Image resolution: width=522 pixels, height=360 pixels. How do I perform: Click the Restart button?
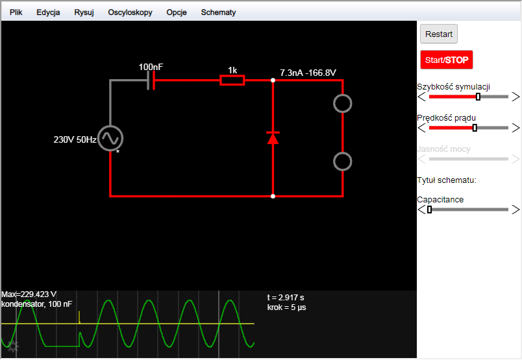tap(438, 34)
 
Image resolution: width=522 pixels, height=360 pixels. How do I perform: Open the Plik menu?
tap(16, 12)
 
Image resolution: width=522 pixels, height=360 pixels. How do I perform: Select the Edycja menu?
tap(48, 12)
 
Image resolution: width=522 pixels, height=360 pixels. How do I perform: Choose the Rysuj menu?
tap(84, 12)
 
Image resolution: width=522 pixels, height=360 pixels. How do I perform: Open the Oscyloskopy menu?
tap(130, 12)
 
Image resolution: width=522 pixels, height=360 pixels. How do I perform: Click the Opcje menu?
tap(177, 12)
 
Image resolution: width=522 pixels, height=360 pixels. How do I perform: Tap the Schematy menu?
tap(218, 12)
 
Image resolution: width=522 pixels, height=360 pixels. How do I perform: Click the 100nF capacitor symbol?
tap(151, 80)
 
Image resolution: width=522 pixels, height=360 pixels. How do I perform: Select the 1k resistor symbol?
tap(232, 80)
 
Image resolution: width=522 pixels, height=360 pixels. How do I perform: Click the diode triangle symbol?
tap(273, 138)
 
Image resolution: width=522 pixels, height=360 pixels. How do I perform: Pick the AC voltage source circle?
tap(110, 138)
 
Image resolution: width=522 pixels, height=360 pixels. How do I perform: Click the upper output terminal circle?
tap(343, 104)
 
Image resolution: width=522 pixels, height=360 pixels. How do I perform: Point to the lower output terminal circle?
tap(343, 162)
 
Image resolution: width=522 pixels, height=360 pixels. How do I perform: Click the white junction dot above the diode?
tap(273, 80)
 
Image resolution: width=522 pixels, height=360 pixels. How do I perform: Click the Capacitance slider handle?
tap(429, 210)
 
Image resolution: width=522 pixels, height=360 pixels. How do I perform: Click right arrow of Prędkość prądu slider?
tap(516, 128)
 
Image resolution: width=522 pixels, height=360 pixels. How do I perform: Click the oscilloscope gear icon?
tap(14, 346)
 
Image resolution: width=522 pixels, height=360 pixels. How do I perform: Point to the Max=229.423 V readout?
tap(29, 294)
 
